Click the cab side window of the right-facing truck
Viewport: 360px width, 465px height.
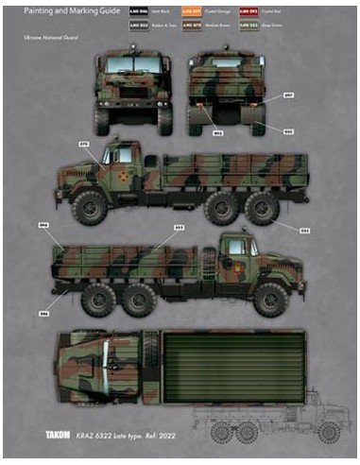tap(235, 250)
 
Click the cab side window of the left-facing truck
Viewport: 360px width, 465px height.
tap(124, 153)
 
